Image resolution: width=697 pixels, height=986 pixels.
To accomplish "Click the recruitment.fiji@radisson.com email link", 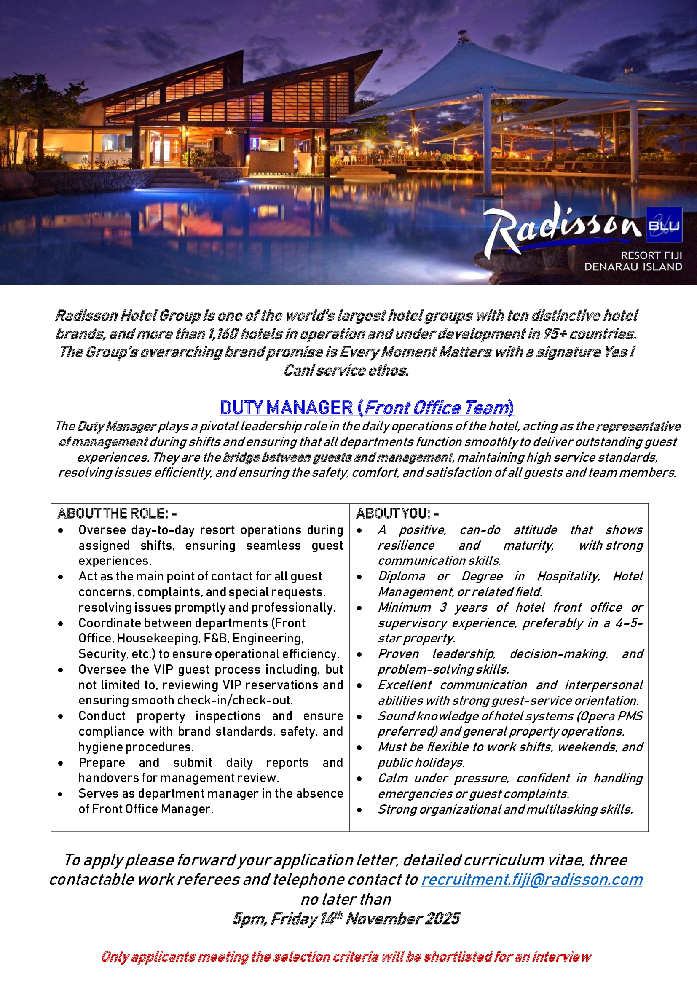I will [531, 879].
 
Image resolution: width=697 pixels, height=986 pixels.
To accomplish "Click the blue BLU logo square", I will [664, 225].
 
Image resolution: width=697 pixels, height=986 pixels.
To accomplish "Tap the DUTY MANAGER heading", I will [286, 408].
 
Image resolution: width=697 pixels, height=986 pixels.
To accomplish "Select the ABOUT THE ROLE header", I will [117, 513].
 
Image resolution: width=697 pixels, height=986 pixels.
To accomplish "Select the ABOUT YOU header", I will [397, 513].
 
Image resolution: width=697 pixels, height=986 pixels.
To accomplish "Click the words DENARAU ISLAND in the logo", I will [633, 267].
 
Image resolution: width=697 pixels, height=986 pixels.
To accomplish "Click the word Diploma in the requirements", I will [401, 576].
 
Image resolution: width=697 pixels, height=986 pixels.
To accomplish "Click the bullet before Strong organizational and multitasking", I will [359, 810].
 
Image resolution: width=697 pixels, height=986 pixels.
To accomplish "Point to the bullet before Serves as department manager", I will [61, 794].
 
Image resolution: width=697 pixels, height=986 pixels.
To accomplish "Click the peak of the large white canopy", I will [462, 33].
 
